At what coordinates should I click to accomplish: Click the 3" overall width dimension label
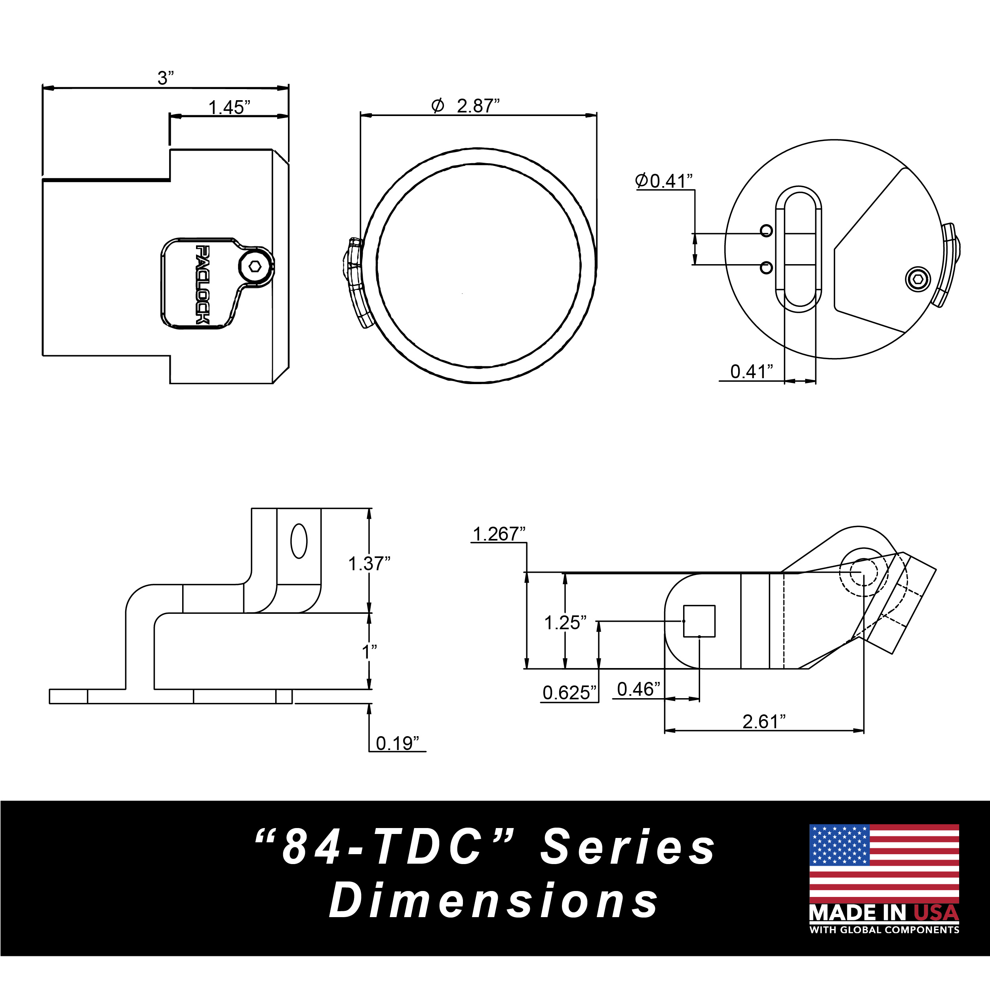tap(166, 78)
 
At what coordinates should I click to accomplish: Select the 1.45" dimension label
tap(229, 108)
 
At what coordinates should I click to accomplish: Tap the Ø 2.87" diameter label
tap(465, 106)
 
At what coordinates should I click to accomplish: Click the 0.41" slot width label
tap(751, 371)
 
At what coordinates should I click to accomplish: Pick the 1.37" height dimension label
tap(369, 564)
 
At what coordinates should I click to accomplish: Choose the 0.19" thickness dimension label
tap(397, 743)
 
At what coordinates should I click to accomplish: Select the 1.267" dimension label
tap(499, 534)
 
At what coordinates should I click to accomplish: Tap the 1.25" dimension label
tap(565, 623)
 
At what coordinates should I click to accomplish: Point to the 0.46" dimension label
tap(638, 689)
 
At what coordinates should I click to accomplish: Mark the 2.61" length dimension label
tap(763, 722)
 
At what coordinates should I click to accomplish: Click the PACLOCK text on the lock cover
tap(203, 284)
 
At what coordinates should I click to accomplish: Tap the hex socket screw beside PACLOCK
tap(255, 267)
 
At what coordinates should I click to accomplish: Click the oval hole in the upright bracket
tap(299, 541)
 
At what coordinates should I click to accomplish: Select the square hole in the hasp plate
tap(699, 621)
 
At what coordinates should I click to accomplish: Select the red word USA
tap(936, 913)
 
